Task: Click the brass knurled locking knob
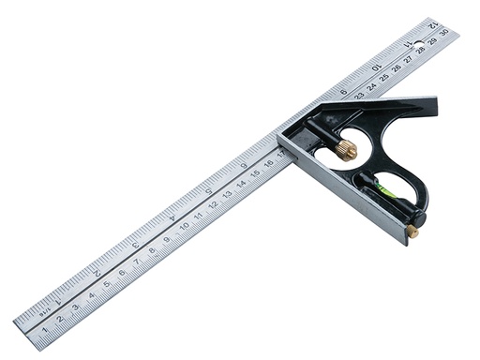point(346,148)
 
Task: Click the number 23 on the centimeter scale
point(359,95)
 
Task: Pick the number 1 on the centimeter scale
point(45,329)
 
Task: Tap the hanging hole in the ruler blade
point(418,43)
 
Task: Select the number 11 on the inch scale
point(408,43)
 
